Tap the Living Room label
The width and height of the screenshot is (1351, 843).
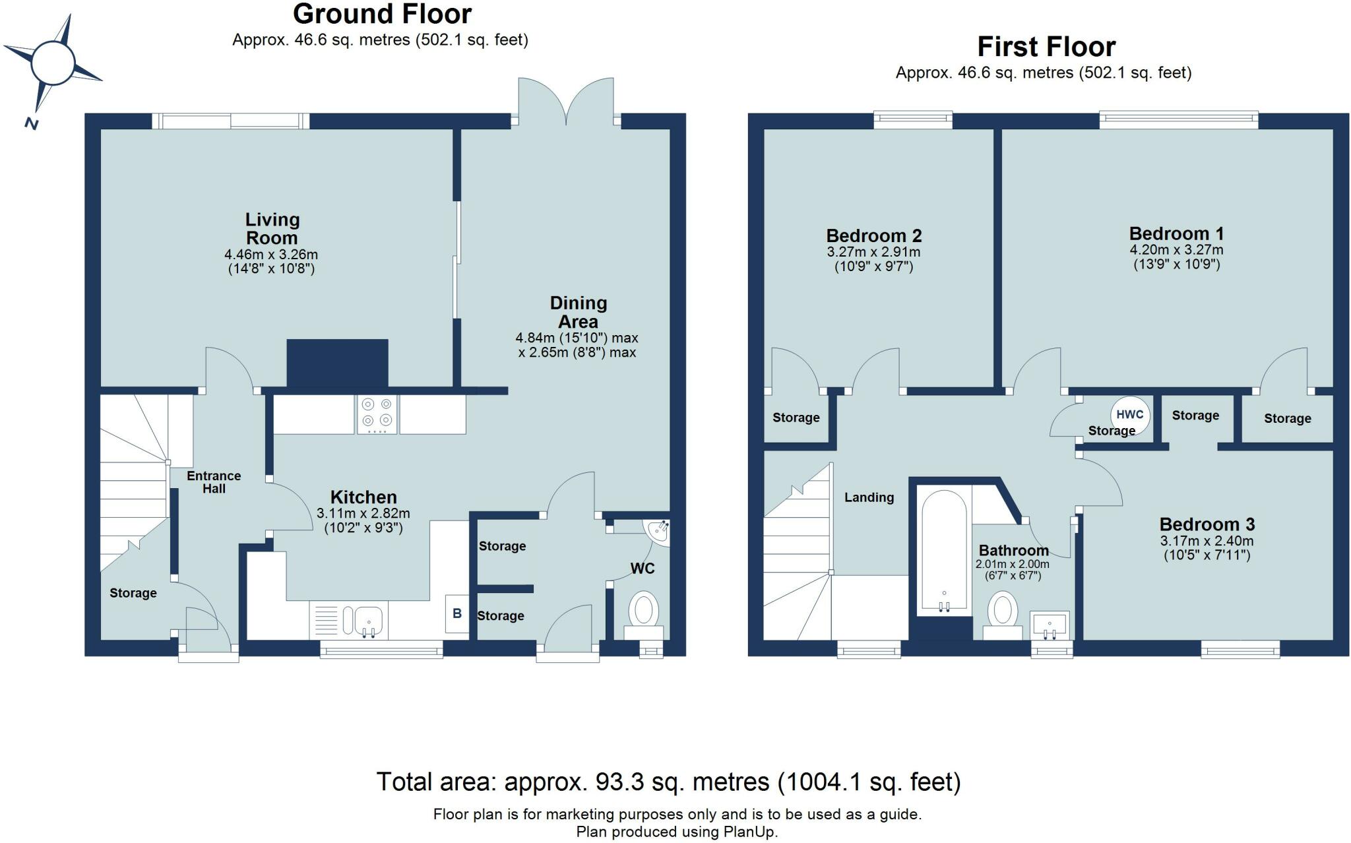click(272, 228)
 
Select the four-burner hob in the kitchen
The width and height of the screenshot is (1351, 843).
click(377, 414)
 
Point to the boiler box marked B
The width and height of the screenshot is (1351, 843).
click(457, 614)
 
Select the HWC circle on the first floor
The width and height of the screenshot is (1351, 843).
click(1130, 415)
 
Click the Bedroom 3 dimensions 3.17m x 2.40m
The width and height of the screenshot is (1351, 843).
click(1207, 542)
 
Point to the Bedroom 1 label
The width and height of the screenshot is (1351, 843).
click(1176, 234)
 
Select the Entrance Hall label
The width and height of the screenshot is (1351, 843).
click(214, 482)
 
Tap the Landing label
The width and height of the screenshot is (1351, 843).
click(869, 497)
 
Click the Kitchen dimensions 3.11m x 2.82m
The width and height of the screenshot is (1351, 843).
click(363, 513)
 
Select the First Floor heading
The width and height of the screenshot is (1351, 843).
click(1046, 47)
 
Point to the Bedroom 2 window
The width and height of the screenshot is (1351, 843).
click(913, 120)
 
